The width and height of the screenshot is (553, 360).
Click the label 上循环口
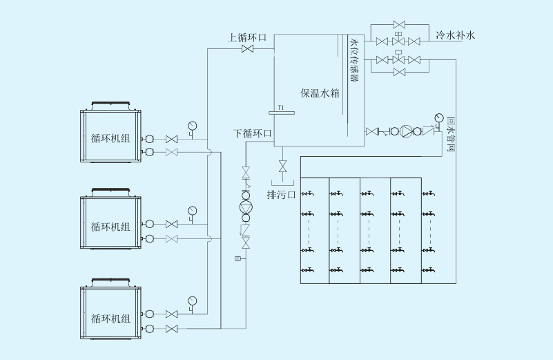click(x=247, y=37)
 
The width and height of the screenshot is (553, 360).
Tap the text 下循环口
click(x=253, y=133)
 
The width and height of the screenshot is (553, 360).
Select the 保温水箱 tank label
click(x=320, y=93)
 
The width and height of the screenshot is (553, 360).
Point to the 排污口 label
click(x=281, y=194)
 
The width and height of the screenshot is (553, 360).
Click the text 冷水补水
click(x=456, y=35)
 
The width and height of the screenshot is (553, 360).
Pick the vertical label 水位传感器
click(x=355, y=61)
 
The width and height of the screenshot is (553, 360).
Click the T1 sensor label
click(x=280, y=108)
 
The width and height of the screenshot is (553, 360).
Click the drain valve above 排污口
click(x=282, y=167)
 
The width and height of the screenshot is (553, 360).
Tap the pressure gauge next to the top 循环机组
click(x=191, y=126)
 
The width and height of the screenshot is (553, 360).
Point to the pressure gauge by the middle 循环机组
click(x=191, y=210)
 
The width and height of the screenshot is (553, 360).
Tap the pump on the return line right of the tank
click(x=408, y=131)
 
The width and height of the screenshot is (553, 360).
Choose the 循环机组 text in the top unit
click(x=110, y=138)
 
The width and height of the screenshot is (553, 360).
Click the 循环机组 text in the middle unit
click(x=110, y=226)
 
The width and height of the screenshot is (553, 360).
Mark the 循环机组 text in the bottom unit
click(x=110, y=319)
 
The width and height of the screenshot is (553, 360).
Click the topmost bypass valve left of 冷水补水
click(x=399, y=24)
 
